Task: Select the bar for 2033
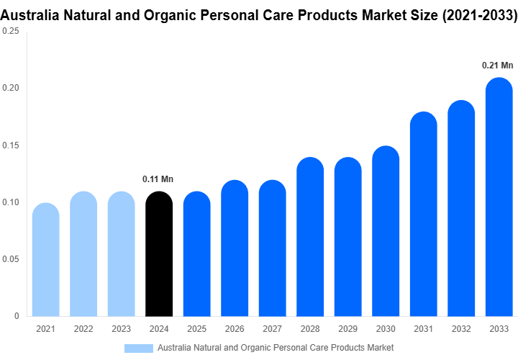499,197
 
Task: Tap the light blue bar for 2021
46,260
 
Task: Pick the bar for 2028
310,237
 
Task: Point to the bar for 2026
235,248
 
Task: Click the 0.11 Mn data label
158,179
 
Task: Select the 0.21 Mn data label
498,66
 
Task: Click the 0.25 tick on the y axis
11,32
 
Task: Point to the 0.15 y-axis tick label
11,145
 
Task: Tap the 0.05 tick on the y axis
11,259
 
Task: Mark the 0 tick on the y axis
16,316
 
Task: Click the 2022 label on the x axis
83,329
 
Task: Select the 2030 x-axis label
386,329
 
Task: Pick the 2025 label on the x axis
196,329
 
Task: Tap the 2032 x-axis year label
461,329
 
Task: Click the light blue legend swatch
139,348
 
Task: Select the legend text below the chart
275,348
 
